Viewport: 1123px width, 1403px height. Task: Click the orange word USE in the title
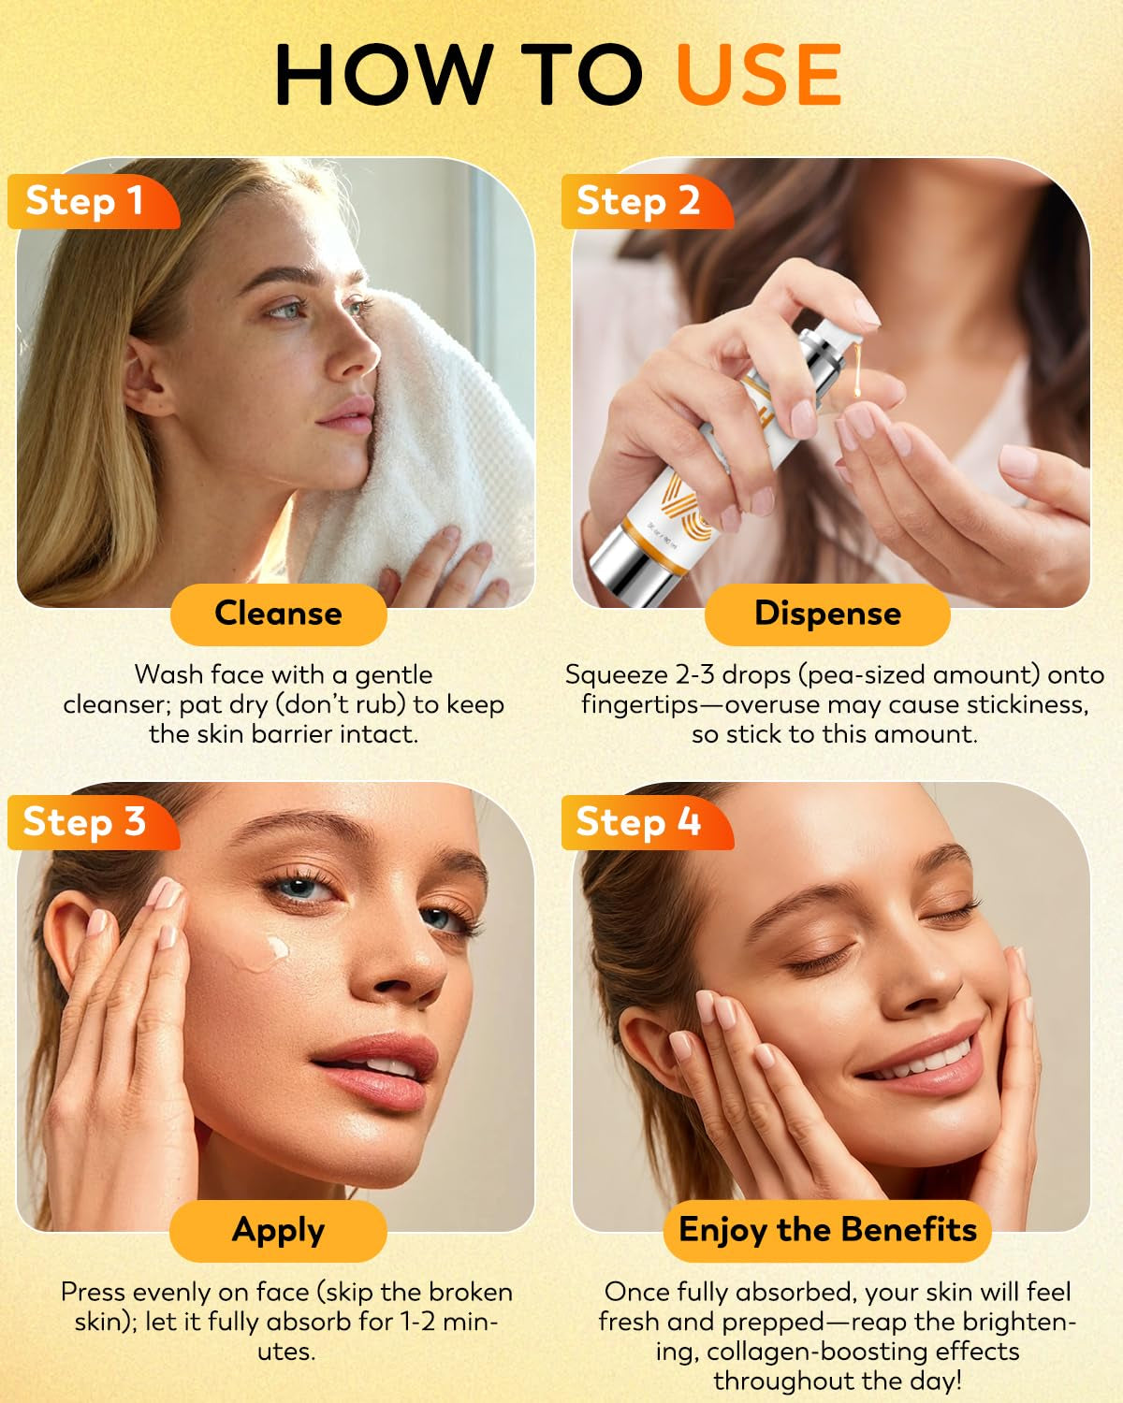[758, 75]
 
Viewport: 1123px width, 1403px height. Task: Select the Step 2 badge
[641, 201]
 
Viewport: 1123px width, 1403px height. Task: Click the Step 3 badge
[87, 822]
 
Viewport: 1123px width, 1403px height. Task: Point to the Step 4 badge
[641, 822]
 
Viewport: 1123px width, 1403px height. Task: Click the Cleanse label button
[278, 614]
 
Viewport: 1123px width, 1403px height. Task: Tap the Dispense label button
[827, 614]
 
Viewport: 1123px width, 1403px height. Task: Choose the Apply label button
[278, 1230]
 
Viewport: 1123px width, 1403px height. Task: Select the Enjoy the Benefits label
[827, 1230]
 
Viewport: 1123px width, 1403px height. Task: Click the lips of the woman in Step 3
[379, 1066]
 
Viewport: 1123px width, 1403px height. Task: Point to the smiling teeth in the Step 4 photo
[926, 1062]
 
